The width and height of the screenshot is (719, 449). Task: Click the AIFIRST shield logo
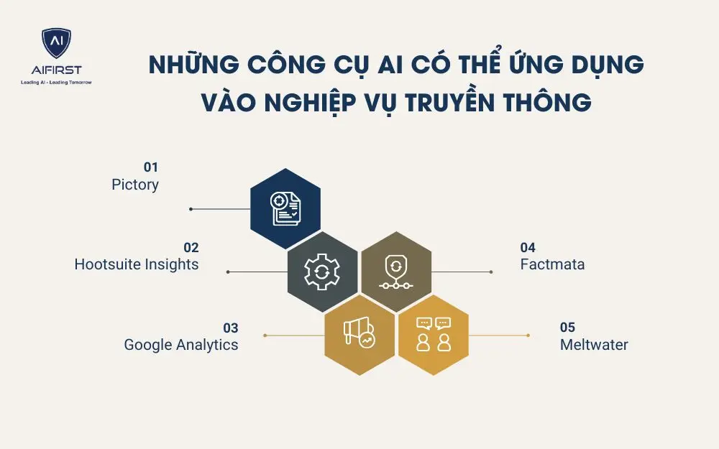(x=56, y=43)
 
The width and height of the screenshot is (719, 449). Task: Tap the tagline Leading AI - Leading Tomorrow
(x=56, y=83)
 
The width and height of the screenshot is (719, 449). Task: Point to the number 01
(x=151, y=167)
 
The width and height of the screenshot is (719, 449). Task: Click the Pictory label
(x=135, y=185)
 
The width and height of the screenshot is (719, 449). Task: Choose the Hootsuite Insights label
(x=137, y=264)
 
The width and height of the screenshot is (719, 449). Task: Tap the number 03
(x=231, y=328)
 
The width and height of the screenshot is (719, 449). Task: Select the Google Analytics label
(x=181, y=345)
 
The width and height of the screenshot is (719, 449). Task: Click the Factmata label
(x=552, y=264)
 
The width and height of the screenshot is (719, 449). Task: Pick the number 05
(x=567, y=328)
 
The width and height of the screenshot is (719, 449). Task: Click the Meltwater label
(x=594, y=345)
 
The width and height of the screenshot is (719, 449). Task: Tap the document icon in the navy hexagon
(x=285, y=209)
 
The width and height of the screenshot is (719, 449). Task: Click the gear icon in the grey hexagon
(x=322, y=272)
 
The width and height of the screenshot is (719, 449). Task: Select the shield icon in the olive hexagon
(x=396, y=272)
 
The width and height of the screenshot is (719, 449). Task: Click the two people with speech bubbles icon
(x=434, y=335)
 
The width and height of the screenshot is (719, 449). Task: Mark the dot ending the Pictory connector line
(x=191, y=209)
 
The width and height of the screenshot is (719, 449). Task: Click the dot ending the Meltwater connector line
(x=528, y=335)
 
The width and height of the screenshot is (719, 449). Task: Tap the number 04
(x=528, y=248)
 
